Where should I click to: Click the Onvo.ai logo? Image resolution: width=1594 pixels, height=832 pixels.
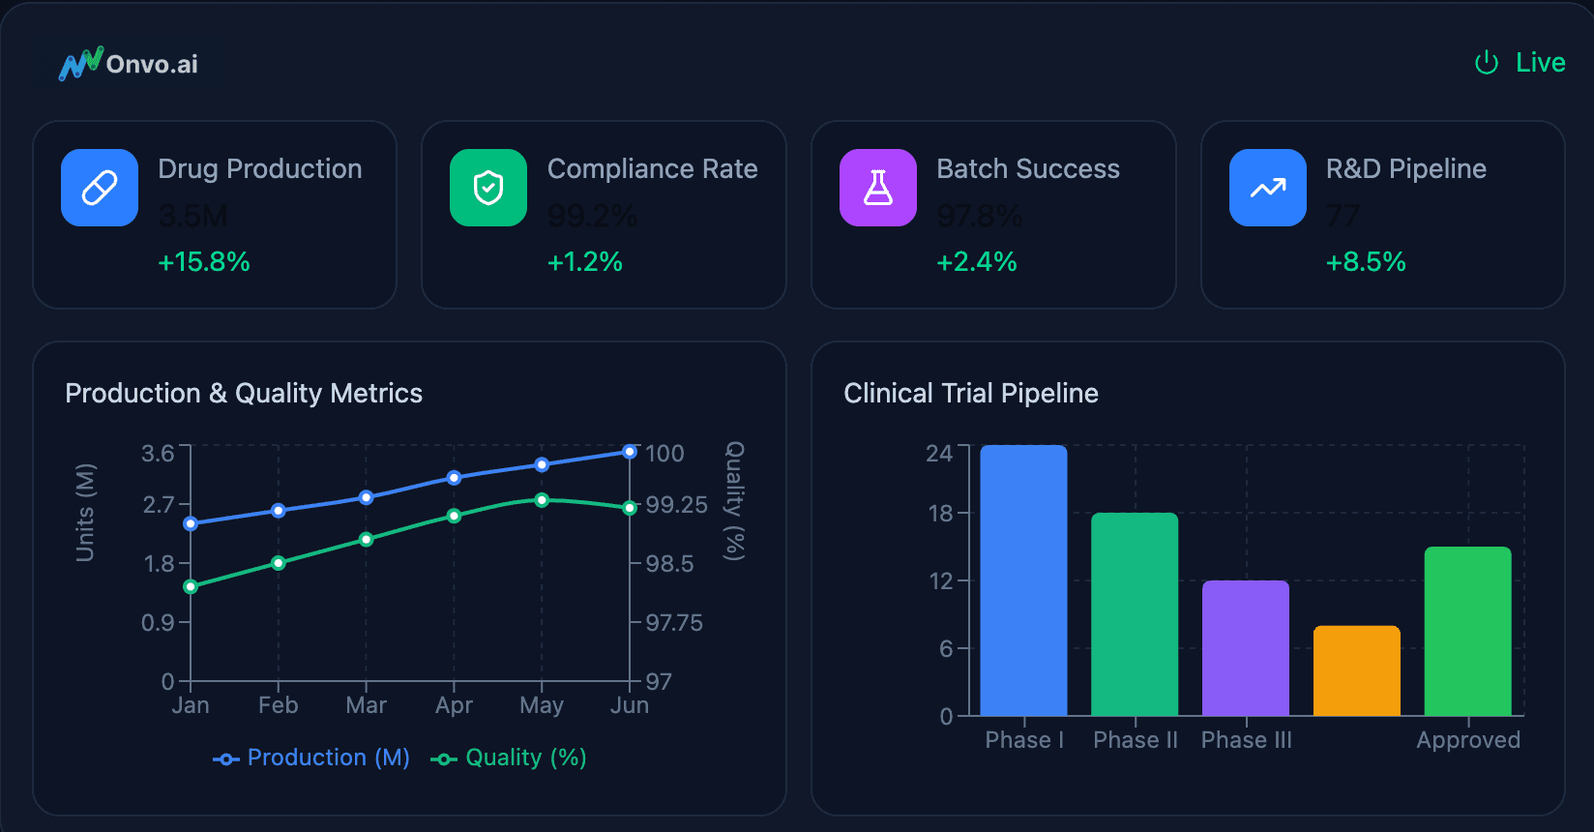[129, 64]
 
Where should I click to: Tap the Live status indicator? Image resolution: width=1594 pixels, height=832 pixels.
[1520, 63]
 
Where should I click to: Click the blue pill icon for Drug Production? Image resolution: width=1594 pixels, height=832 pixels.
[100, 188]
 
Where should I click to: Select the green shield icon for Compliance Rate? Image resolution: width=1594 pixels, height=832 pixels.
[488, 188]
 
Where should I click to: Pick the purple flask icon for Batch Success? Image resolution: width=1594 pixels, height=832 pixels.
[878, 188]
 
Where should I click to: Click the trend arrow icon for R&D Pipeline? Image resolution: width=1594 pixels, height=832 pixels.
[1267, 188]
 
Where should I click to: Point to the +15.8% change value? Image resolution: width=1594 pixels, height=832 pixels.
[204, 262]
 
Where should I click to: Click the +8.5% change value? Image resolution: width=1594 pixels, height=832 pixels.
[1366, 262]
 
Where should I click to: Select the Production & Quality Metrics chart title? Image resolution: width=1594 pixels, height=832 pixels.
[244, 393]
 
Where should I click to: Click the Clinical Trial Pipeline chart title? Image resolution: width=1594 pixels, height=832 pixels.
[971, 393]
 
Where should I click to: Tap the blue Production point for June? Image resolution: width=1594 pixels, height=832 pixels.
[630, 452]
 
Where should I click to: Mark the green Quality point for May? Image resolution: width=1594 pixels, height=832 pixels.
[542, 500]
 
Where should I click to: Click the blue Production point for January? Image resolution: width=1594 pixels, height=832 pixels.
[191, 523]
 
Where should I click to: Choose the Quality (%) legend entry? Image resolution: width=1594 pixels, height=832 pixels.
[510, 758]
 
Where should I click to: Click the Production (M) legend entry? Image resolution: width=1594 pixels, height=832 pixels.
[311, 758]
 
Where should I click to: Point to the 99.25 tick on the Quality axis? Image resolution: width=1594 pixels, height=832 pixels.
[676, 505]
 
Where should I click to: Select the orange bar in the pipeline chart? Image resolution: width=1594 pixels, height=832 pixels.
[1357, 670]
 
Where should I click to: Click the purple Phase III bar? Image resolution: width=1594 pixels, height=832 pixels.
[1246, 648]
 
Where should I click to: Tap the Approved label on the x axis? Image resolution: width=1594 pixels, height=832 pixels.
[1468, 740]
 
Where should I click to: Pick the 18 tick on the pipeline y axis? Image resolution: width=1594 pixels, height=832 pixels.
[940, 514]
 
